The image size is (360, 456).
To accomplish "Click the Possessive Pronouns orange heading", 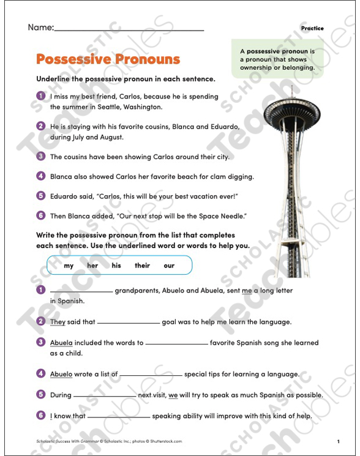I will tap(108, 59).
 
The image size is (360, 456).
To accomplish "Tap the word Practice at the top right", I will tap(312, 28).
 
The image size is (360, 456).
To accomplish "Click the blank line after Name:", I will tap(129, 28).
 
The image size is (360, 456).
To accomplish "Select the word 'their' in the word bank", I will tap(142, 266).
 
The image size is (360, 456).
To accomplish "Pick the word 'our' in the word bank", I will tap(169, 266).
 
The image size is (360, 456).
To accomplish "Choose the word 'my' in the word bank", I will tap(69, 266).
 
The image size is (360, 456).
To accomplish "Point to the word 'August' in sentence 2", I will tap(111, 137).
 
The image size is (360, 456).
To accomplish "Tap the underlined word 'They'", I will tap(58, 322).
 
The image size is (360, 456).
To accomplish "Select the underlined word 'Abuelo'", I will tap(61, 374).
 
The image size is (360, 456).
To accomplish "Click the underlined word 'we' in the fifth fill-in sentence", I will tap(173, 395).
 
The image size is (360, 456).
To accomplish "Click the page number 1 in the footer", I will tap(337, 441).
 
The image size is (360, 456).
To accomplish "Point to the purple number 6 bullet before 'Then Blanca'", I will tap(41, 215).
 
